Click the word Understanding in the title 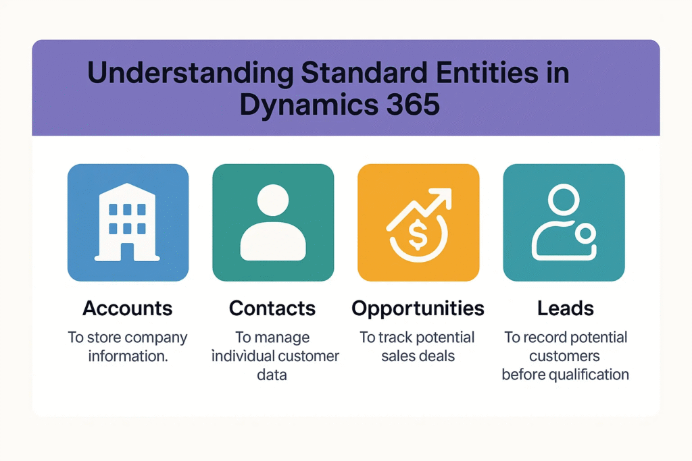click(190, 73)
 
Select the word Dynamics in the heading click(309, 105)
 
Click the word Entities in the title click(487, 72)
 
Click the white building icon click(127, 223)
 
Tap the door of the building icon click(127, 252)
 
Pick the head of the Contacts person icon click(273, 200)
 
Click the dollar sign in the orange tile click(418, 235)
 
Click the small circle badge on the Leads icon click(586, 234)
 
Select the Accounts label click(127, 308)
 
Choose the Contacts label click(272, 308)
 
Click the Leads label click(566, 308)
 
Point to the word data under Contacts click(272, 375)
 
